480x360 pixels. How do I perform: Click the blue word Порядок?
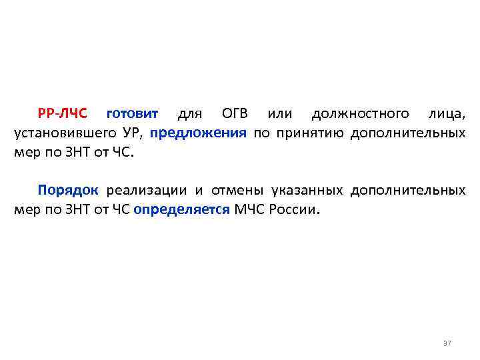pyautogui.click(x=68, y=190)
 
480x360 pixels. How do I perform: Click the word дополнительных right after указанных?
pyautogui.click(x=408, y=190)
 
